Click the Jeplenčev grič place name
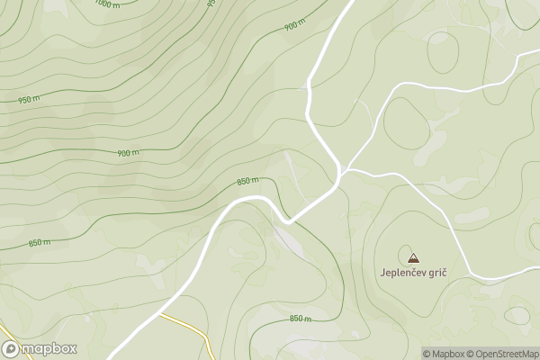(x=413, y=273)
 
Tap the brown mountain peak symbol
(x=413, y=257)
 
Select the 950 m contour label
(x=29, y=99)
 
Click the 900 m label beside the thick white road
(x=294, y=26)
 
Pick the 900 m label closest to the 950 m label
(x=129, y=153)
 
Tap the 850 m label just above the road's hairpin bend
(x=248, y=182)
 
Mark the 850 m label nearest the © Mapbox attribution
(x=301, y=319)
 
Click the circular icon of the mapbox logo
(x=12, y=348)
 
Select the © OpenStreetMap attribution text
(x=507, y=353)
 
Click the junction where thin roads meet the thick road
(x=342, y=170)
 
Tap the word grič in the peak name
(x=436, y=273)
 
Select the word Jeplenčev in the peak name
(x=400, y=273)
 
